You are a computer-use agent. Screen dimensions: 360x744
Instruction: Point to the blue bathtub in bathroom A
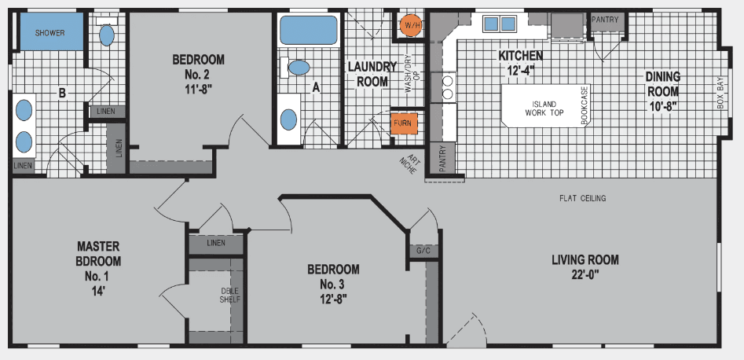tap(308, 30)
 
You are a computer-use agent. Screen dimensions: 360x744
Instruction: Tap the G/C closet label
tap(423, 251)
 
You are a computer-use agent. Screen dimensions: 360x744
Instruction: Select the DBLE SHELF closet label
tap(229, 295)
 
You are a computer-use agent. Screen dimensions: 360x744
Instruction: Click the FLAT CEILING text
tap(582, 198)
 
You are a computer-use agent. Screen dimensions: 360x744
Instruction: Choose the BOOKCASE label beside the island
tap(585, 105)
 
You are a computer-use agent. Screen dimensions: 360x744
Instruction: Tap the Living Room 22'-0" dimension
tap(585, 274)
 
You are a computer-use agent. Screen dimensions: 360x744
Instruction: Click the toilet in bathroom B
tap(107, 34)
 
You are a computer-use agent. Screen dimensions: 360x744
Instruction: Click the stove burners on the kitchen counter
tap(449, 86)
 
